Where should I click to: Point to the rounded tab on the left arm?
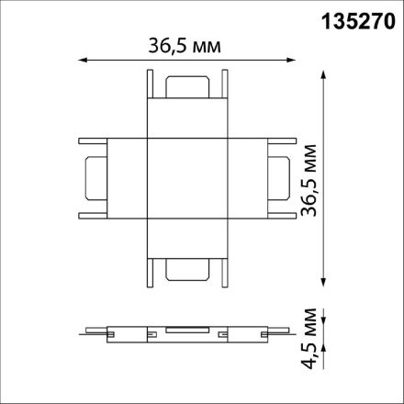pos(95,179)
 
